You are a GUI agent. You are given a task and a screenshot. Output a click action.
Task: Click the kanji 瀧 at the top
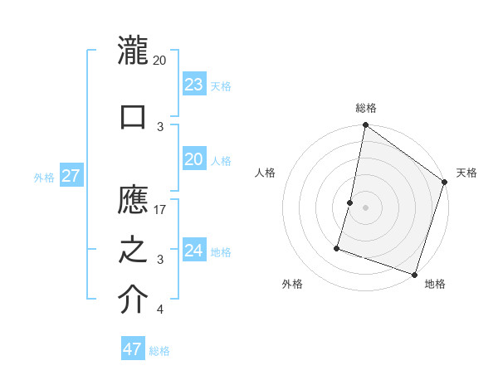[x=133, y=52]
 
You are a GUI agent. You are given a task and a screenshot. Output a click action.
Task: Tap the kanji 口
[x=133, y=115]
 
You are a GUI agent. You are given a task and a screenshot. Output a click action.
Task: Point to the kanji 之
[x=133, y=251]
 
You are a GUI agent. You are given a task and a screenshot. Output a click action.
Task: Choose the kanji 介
[x=133, y=300]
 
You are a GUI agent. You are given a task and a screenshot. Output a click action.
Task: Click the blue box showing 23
[x=194, y=85]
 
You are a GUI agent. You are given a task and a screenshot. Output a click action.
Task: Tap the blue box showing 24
[x=194, y=251]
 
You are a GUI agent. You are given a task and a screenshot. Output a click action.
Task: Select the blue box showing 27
[x=71, y=176]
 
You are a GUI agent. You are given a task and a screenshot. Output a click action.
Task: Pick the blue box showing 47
[x=133, y=349]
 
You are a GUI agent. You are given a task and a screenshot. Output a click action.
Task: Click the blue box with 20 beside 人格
[x=194, y=159]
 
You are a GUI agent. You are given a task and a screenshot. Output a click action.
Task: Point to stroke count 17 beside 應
[x=160, y=209]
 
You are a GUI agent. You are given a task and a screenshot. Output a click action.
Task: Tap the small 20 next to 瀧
[x=160, y=61]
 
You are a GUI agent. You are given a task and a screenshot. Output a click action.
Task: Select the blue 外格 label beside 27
[x=44, y=178]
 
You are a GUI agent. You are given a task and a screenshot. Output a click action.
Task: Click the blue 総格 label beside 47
[x=159, y=351]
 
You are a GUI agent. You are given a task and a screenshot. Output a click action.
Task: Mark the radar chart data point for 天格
[x=445, y=183]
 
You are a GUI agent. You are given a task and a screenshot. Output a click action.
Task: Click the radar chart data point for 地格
[x=414, y=274]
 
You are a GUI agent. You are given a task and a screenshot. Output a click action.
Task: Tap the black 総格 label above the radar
[x=365, y=108]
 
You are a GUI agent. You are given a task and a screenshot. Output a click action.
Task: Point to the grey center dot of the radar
[x=365, y=207]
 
